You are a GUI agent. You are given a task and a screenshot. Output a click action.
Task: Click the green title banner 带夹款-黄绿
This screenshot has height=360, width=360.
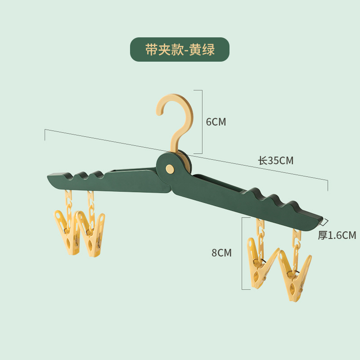click(x=180, y=49)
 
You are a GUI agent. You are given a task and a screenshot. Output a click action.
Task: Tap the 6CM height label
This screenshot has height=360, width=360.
click(x=216, y=122)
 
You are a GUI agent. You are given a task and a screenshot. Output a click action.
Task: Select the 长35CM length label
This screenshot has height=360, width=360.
click(x=275, y=161)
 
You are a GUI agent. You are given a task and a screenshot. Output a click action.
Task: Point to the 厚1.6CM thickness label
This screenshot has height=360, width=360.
click(x=337, y=235)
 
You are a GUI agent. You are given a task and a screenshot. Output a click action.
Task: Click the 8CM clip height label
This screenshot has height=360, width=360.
click(x=222, y=253)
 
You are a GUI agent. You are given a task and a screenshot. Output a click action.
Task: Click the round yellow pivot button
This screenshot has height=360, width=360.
click(x=170, y=169)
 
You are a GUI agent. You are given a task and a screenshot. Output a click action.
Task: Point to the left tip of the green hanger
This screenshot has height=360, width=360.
click(x=49, y=176)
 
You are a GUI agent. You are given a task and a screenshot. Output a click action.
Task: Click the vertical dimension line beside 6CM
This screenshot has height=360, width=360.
click(x=202, y=121)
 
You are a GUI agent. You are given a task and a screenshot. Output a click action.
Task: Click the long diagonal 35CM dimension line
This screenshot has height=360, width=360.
click(x=135, y=145)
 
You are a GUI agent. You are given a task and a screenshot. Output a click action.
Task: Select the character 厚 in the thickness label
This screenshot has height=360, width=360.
click(x=322, y=235)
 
